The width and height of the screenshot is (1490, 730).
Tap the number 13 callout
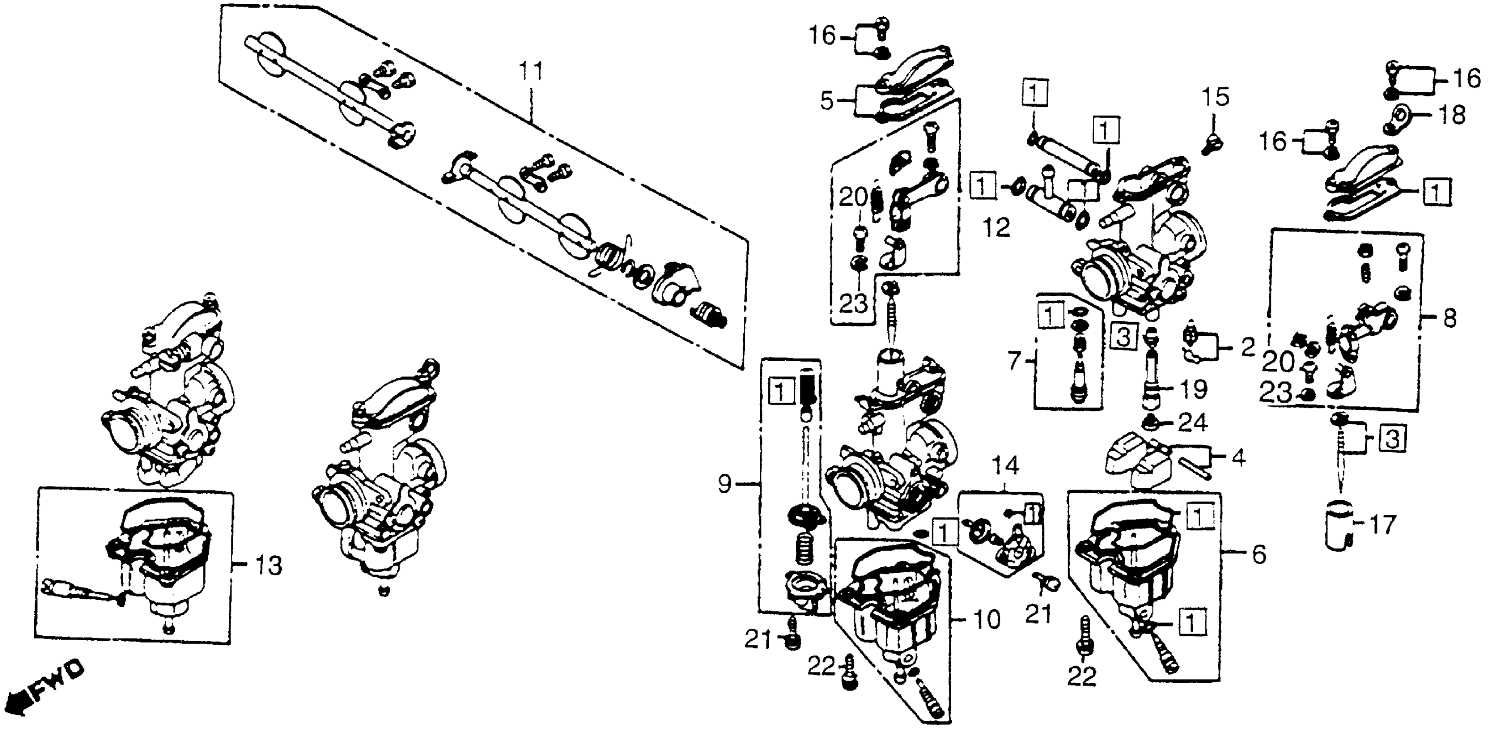(268, 565)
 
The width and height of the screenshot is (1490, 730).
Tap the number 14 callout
(1006, 465)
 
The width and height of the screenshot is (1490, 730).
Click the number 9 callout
(725, 484)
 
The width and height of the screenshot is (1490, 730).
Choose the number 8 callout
(1450, 318)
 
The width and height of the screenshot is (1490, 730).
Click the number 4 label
(1237, 458)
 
